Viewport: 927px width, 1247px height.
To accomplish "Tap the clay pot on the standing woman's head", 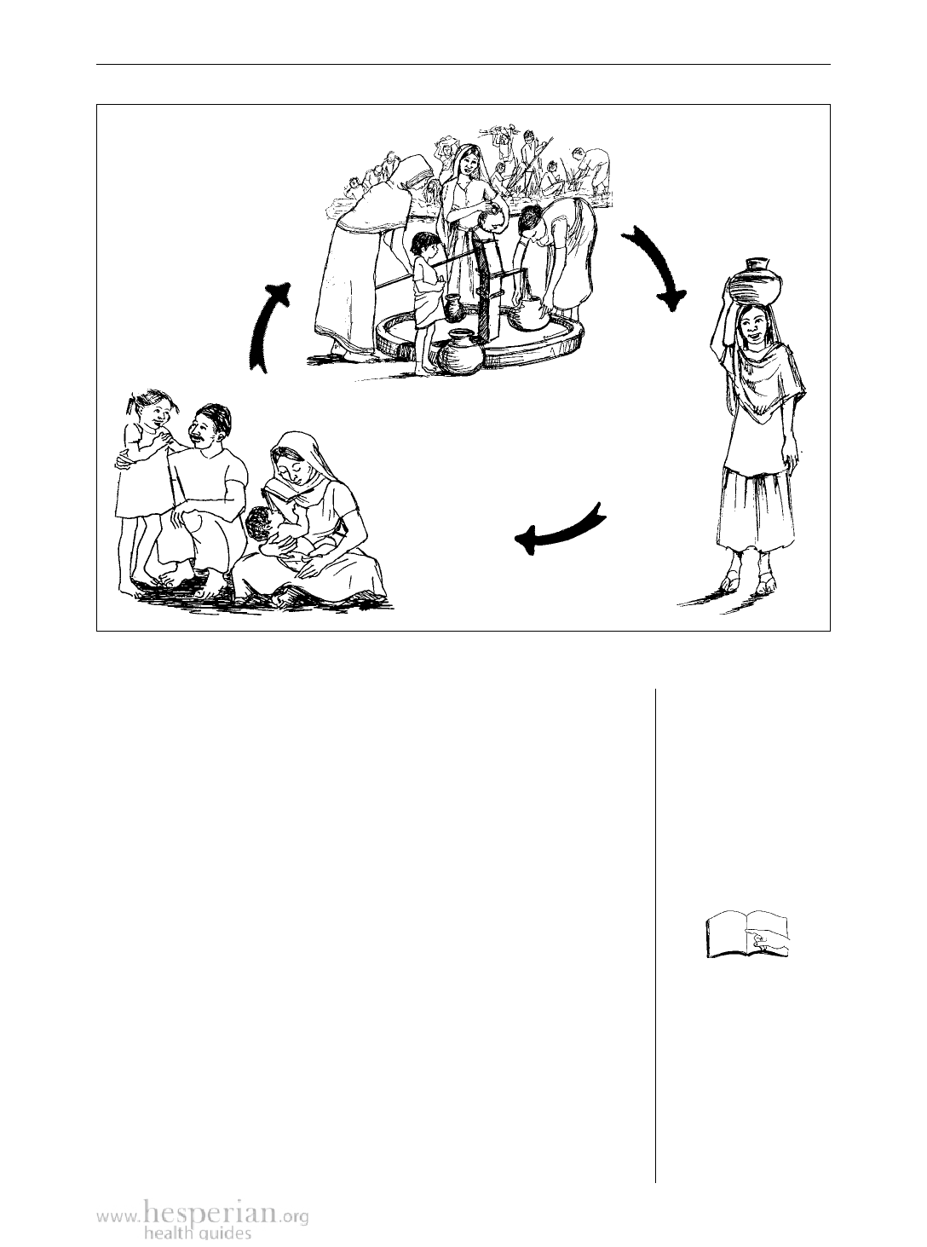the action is point(754,281).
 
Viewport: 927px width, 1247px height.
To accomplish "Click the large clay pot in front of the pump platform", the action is point(460,353).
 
